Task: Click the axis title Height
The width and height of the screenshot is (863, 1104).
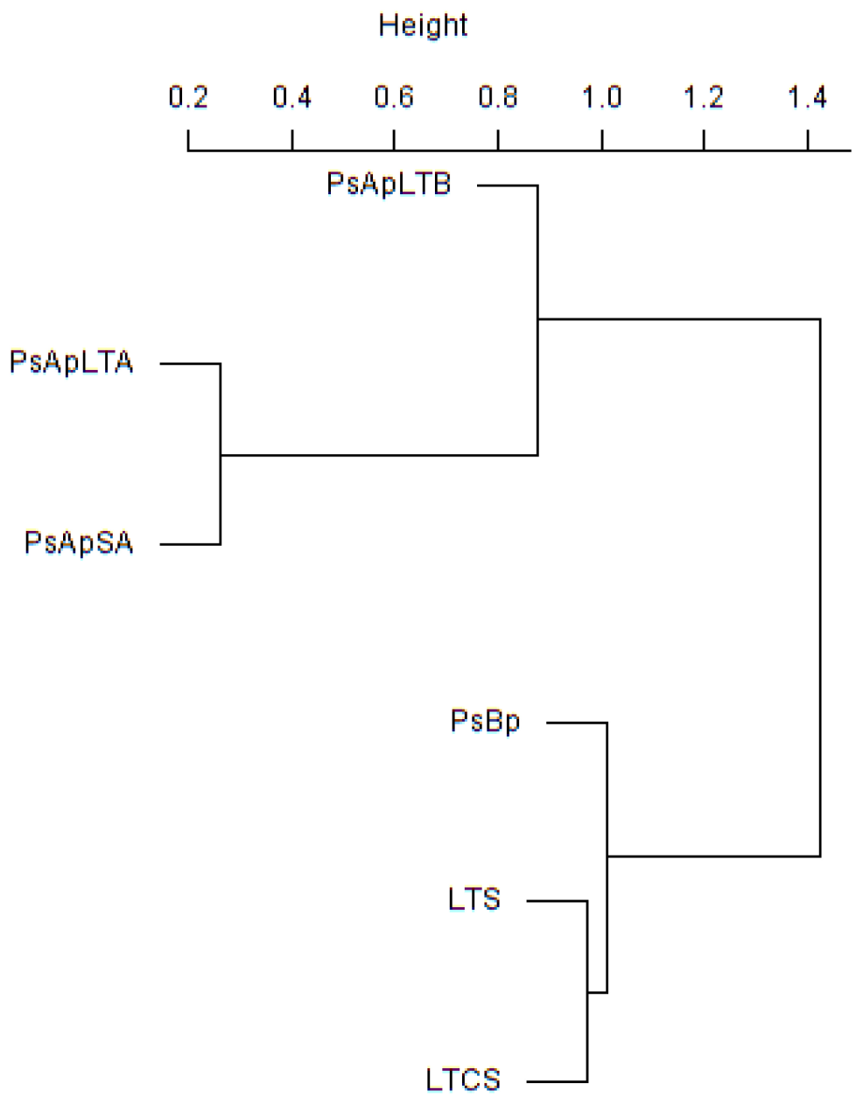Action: click(x=423, y=25)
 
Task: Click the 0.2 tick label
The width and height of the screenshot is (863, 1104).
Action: click(x=188, y=96)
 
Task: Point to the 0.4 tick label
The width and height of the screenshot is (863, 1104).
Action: click(x=291, y=96)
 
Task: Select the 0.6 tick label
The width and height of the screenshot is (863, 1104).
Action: click(x=394, y=96)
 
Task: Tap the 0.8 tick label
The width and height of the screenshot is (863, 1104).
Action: click(x=497, y=96)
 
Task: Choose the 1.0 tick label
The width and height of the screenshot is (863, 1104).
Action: click(x=601, y=96)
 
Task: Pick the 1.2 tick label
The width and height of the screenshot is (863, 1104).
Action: click(x=704, y=96)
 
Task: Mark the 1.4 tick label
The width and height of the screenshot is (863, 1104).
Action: click(x=807, y=96)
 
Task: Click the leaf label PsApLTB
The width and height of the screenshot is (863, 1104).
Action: click(x=389, y=185)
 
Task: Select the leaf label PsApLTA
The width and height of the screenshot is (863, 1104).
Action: click(x=72, y=362)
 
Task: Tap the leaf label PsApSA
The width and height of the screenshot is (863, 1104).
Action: click(x=79, y=543)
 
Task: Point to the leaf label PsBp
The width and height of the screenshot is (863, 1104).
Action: click(x=485, y=722)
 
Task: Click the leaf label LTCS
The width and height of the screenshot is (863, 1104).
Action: click(x=463, y=1080)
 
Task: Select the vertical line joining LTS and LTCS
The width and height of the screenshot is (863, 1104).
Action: click(x=587, y=1032)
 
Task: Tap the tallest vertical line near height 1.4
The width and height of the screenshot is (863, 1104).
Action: click(x=820, y=586)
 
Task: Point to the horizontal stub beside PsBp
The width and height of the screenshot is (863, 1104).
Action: click(x=576, y=723)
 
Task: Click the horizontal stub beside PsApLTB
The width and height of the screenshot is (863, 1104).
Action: click(x=507, y=185)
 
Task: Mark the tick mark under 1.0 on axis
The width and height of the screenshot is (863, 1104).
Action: click(x=601, y=140)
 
